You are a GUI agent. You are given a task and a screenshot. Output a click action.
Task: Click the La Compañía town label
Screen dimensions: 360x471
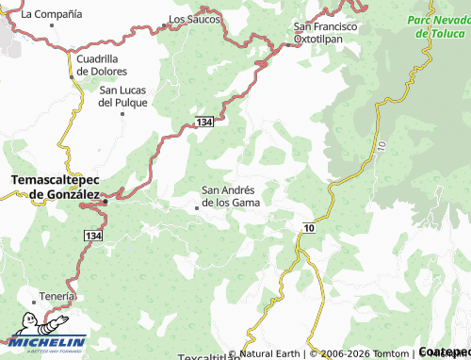coord(51,14)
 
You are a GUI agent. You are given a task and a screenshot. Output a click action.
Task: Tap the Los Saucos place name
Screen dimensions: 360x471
coord(194,19)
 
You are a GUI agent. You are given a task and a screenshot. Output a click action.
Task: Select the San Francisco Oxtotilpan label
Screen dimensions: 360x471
coord(326,33)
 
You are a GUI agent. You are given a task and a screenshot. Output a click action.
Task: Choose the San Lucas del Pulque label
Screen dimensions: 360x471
coord(123,96)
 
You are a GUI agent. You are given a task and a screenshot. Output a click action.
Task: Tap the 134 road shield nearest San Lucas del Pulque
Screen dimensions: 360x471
coord(205,123)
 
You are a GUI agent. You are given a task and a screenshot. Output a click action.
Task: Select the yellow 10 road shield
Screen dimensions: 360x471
coord(309,228)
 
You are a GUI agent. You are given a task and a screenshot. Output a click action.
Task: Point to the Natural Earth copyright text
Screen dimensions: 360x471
coord(269,354)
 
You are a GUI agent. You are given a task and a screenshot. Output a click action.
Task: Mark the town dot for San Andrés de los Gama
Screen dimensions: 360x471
coord(197,207)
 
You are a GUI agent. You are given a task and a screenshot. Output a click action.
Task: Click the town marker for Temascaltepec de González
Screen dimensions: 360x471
coord(106,201)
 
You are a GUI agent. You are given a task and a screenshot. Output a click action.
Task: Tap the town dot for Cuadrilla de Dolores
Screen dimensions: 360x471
coord(72,76)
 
